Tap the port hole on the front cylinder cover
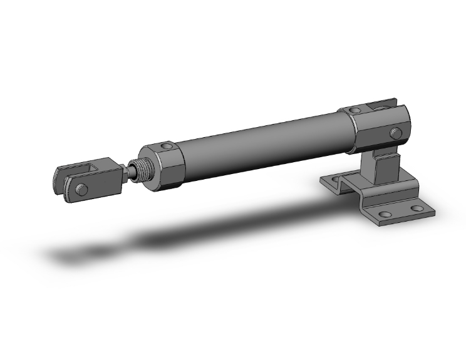click(x=166, y=147)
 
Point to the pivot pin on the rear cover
click(x=395, y=132)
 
